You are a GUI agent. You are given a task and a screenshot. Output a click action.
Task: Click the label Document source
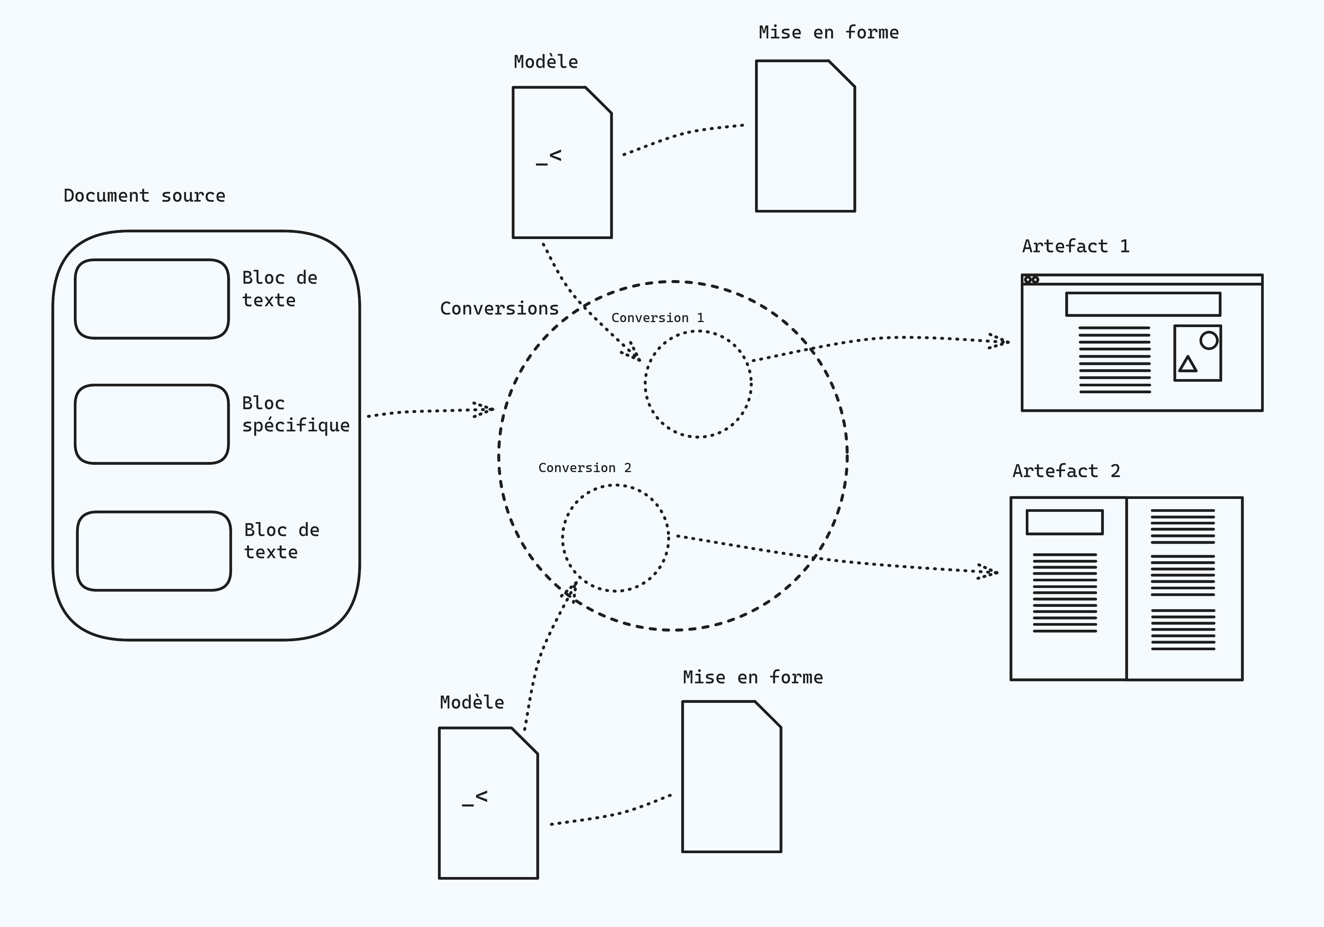(144, 196)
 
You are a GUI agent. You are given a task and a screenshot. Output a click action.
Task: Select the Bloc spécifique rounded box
(152, 424)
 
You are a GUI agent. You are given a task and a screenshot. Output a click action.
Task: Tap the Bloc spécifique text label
(295, 414)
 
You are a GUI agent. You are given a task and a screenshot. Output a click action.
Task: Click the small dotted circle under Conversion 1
(698, 384)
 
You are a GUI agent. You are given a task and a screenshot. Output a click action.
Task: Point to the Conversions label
(499, 309)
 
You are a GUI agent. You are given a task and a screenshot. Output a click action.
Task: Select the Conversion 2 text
(585, 468)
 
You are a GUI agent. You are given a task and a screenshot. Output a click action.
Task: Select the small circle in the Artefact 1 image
(1209, 340)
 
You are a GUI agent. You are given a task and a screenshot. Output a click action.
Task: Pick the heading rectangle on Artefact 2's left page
(1064, 522)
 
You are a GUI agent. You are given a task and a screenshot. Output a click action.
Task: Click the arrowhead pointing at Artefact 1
(999, 341)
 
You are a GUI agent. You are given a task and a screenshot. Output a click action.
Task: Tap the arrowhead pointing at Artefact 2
(988, 572)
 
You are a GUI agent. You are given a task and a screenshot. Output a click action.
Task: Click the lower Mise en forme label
(753, 677)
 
